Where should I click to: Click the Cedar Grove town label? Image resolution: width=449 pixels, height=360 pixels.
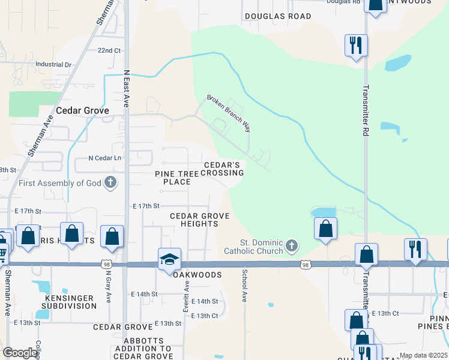pos(82,111)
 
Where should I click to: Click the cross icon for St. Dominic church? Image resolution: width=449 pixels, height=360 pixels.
pos(291,245)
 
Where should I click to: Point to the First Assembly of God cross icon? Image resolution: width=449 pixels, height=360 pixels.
pos(110,182)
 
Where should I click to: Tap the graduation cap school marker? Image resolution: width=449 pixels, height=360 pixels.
pos(169,260)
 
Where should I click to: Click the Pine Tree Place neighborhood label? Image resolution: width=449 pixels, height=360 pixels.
pos(172,177)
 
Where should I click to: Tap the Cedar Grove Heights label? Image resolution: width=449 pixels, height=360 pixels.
pos(194,220)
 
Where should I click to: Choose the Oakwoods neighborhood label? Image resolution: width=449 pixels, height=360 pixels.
pos(198,275)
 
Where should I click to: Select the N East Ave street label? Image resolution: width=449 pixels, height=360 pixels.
pos(127,88)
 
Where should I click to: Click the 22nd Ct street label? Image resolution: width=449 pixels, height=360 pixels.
pos(109,50)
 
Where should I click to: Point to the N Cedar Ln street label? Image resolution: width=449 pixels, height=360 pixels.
pos(105,158)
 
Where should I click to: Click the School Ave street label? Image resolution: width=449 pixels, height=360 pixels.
pos(244,284)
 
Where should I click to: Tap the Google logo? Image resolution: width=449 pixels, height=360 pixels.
pos(20,353)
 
